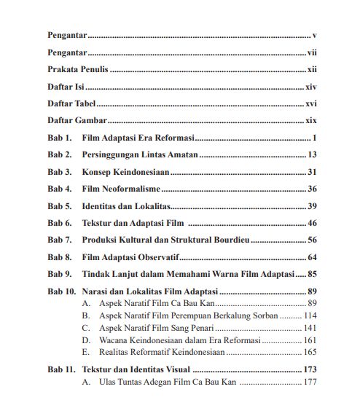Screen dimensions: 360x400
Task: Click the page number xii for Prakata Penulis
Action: coord(310,70)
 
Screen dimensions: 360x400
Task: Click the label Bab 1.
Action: coord(60,138)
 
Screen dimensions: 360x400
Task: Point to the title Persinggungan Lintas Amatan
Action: coord(140,154)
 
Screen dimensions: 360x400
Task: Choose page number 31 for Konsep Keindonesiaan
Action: coord(312,172)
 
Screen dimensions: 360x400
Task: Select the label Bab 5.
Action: coord(60,205)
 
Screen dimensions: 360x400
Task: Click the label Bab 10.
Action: coord(62,291)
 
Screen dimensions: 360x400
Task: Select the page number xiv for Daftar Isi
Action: coord(310,87)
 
